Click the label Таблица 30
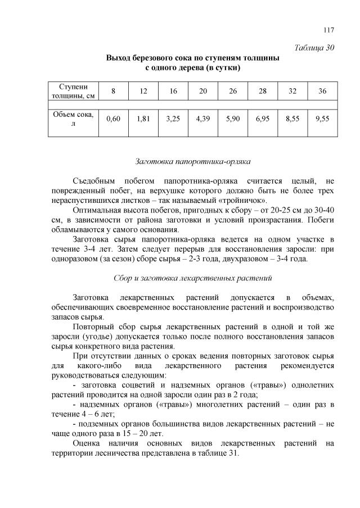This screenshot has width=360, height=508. click(x=315, y=47)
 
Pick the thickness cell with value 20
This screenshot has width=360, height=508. click(x=203, y=91)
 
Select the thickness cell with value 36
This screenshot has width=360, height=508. click(x=322, y=91)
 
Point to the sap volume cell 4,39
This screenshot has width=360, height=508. click(x=203, y=119)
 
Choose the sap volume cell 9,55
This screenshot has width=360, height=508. click(x=322, y=119)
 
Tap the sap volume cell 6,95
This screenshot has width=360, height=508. click(x=263, y=119)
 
